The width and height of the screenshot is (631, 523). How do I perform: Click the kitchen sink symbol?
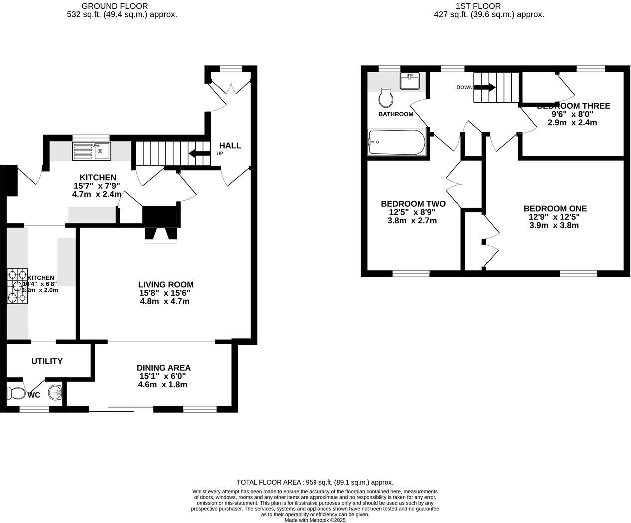tap(92, 151)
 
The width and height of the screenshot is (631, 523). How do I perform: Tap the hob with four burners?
tap(17, 286)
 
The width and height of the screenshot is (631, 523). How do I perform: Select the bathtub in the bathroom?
tap(397, 142)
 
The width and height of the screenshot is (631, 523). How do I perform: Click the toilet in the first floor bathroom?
tap(385, 98)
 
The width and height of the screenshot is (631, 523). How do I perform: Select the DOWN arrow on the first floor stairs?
tap(484, 87)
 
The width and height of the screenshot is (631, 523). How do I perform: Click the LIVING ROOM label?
tap(166, 285)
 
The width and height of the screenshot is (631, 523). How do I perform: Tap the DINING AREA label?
tap(163, 368)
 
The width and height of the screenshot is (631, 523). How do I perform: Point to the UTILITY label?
tap(47, 361)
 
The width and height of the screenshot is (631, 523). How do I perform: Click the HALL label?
tap(230, 145)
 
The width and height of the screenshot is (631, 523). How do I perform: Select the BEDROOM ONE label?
tap(555, 208)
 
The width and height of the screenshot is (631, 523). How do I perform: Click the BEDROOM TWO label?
tap(413, 204)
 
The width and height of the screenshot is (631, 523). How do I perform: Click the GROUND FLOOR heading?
tap(114, 6)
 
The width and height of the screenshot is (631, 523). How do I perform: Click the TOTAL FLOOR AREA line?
tap(315, 482)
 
